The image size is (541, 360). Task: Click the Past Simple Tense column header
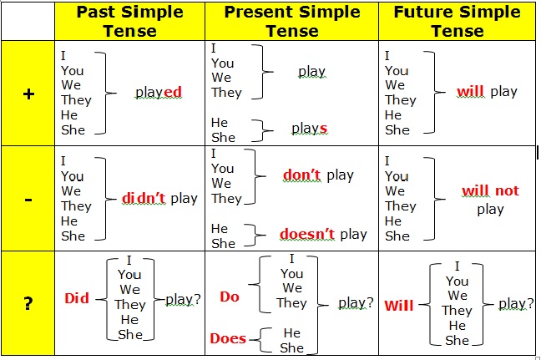[x=129, y=22]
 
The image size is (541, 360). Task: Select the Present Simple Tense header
[x=292, y=22]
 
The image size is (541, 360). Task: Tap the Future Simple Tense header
[x=458, y=22]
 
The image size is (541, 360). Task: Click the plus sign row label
[x=28, y=94]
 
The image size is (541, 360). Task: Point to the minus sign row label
[x=28, y=200]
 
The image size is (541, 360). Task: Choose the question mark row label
[x=28, y=303]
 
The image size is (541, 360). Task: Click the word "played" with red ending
[x=159, y=92]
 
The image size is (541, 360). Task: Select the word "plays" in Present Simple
[x=310, y=129]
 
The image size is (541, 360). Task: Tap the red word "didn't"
[x=144, y=198]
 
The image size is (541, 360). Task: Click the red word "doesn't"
[x=306, y=234]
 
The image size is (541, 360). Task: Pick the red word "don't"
[x=301, y=175]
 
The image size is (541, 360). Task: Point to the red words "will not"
[x=490, y=190]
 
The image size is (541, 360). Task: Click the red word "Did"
[x=77, y=298]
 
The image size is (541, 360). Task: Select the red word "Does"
[x=228, y=338]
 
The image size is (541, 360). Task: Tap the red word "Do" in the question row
[x=230, y=297]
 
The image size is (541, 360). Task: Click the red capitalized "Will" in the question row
[x=399, y=306]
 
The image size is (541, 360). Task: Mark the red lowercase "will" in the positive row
[x=471, y=92]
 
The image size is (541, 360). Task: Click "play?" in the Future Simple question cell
[x=516, y=304]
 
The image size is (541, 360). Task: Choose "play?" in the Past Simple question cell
[x=183, y=299]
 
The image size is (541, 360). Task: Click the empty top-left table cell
[x=28, y=22]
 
